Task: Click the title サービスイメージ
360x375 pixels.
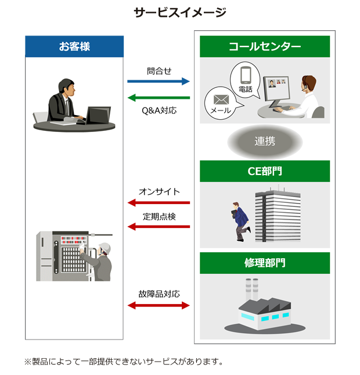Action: tap(179, 12)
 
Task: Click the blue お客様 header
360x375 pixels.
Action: tap(74, 47)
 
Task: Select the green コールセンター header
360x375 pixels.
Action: tap(265, 47)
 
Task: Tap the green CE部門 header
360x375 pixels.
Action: tap(265, 171)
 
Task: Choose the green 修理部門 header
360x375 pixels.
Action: tap(265, 263)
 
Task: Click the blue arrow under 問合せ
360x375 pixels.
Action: tap(159, 81)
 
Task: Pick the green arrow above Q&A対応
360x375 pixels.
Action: tap(159, 98)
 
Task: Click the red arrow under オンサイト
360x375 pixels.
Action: tap(159, 202)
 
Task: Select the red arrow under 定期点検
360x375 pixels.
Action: tap(159, 227)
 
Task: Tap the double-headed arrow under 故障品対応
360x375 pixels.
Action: tap(159, 305)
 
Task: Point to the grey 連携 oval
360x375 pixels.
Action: tap(265, 141)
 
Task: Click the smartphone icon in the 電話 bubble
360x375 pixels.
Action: tap(245, 76)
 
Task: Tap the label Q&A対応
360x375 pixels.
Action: tap(159, 109)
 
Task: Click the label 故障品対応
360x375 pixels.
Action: tap(159, 294)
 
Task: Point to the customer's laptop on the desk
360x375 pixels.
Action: tap(98, 114)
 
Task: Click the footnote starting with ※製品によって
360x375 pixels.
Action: tap(123, 362)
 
